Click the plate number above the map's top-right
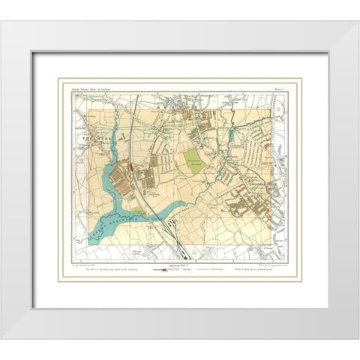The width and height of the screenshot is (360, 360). coord(275,87)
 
